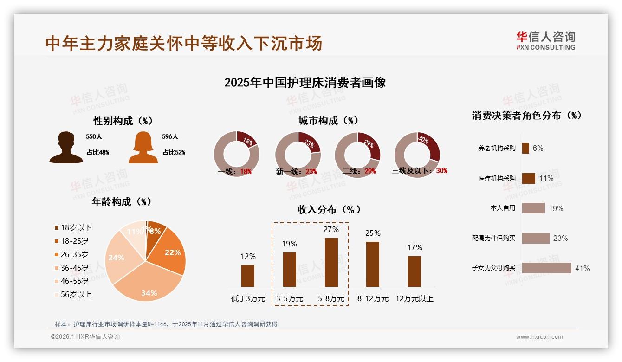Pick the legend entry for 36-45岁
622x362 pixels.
[74, 268]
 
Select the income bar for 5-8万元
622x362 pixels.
[331, 262]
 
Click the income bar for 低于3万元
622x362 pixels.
[248, 276]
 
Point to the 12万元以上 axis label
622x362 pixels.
[414, 299]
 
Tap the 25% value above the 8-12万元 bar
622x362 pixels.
[373, 233]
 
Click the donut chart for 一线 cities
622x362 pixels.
[237, 154]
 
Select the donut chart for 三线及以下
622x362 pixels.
[416, 154]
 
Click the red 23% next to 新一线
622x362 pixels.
[311, 171]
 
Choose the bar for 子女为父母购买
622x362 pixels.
[546, 268]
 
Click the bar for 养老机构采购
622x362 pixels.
[525, 148]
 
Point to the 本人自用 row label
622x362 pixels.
[503, 208]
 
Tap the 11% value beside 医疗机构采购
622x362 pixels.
[546, 179]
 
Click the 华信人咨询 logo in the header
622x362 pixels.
[545, 40]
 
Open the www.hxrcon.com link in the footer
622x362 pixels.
[539, 337]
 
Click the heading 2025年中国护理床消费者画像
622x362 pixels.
[305, 83]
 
